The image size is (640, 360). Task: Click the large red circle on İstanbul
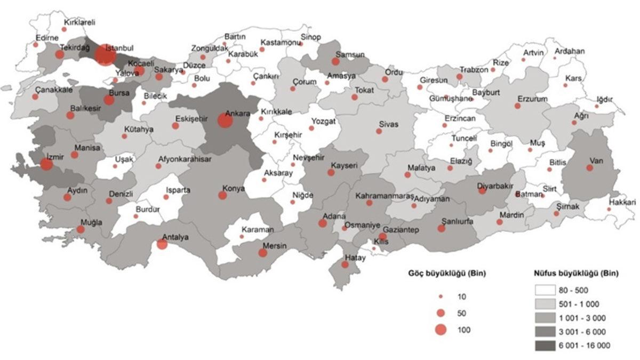point(105,55)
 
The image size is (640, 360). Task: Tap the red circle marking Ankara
point(225,121)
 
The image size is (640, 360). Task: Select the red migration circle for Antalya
point(162,244)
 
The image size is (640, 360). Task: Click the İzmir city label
point(54,157)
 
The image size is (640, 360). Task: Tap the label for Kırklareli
point(79,23)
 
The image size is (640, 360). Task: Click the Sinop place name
point(311,37)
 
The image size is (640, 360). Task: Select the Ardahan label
point(570,52)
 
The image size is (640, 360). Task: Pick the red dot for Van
point(589,168)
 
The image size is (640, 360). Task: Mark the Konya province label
point(234,188)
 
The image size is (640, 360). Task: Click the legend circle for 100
point(441,330)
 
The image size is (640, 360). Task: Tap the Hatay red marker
point(346,265)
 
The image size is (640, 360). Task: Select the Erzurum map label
point(532,99)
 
